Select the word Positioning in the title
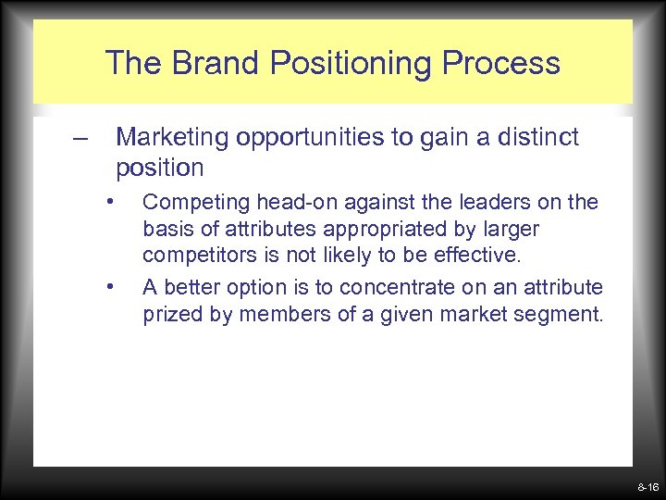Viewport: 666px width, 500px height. tap(341, 64)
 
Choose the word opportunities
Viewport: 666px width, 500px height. tap(313, 139)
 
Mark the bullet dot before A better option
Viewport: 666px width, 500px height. tap(110, 285)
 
